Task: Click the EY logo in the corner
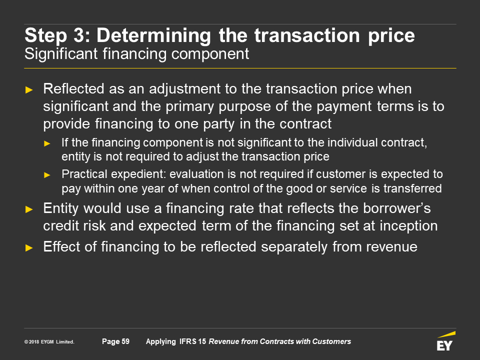445,341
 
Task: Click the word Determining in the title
153,35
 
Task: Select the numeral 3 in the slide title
78,35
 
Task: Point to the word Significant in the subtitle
61,54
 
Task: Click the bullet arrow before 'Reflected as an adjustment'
29,89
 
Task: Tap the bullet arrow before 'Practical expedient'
47,175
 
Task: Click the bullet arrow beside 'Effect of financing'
29,247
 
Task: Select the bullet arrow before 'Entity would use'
29,209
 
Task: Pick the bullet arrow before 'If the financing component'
47,143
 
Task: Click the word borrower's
396,208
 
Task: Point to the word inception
408,226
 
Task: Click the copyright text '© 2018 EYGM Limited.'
49,342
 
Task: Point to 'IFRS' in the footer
187,341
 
